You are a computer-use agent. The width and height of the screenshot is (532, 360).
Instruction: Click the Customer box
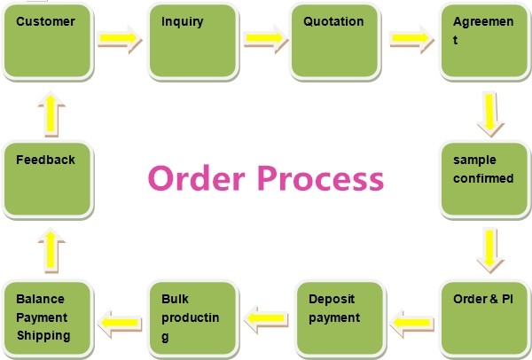[x=48, y=41]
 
